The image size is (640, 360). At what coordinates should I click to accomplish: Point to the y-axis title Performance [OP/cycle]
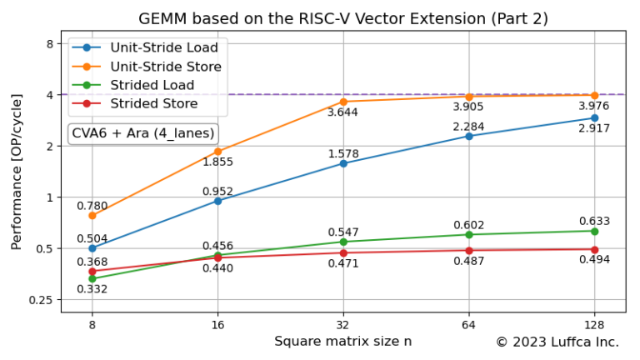(x=17, y=172)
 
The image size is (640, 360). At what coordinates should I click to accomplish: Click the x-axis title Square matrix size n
(x=343, y=341)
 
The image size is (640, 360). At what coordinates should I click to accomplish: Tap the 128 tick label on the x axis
(x=594, y=325)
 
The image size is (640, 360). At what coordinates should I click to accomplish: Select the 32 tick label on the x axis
(x=343, y=325)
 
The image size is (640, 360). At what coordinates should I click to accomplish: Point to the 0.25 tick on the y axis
(x=41, y=300)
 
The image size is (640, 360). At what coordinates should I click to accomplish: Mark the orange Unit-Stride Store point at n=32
(x=343, y=102)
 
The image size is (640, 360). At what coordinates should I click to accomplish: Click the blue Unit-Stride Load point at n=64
(x=469, y=136)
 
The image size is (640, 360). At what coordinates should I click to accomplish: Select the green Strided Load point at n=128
(x=594, y=231)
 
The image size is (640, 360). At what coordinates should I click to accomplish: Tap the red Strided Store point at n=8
(x=92, y=272)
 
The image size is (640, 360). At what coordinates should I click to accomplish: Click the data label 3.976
(x=594, y=106)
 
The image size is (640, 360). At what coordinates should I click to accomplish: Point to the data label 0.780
(x=92, y=206)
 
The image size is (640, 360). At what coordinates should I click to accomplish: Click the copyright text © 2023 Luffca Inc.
(x=557, y=342)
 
